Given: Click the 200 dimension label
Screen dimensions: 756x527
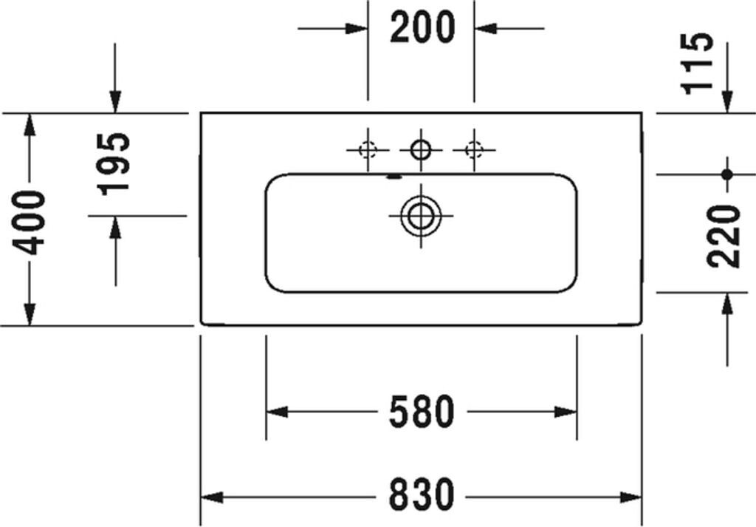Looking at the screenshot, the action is tap(422, 28).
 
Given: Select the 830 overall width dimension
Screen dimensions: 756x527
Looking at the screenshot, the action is tap(422, 494).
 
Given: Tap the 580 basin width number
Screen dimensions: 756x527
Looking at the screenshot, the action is tap(422, 412).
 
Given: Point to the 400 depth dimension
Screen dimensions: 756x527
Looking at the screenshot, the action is tap(32, 221).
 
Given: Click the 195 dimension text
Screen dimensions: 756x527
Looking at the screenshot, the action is tap(115, 163).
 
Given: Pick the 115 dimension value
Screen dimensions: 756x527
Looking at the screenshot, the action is tap(698, 62).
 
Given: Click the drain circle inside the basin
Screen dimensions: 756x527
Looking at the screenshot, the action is tap(421, 216).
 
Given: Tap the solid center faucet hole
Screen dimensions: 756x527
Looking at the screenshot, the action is tap(421, 150).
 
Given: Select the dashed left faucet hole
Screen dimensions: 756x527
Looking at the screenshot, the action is tap(368, 150).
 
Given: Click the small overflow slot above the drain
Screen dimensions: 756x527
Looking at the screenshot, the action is tap(394, 177).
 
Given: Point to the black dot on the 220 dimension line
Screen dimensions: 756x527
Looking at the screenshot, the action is tap(728, 174).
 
